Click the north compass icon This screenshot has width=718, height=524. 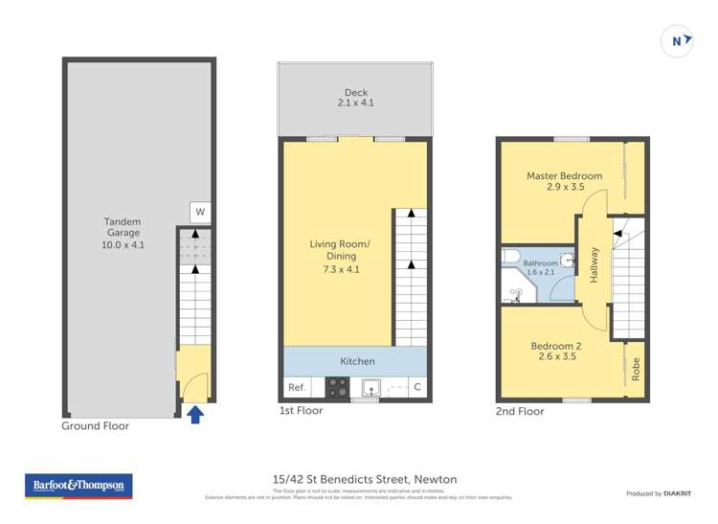(x=678, y=40)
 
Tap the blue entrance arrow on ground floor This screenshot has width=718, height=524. (x=194, y=414)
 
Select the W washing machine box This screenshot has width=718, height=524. (x=200, y=212)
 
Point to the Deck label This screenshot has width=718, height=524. (x=354, y=97)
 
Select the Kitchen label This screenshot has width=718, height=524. (x=357, y=361)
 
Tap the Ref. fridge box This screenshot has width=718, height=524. (x=297, y=387)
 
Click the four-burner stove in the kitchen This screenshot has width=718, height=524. (x=338, y=387)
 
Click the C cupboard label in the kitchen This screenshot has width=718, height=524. (x=417, y=387)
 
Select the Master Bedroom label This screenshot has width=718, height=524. (x=564, y=181)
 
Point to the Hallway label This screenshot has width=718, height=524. (x=595, y=264)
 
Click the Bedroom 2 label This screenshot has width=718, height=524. (x=556, y=351)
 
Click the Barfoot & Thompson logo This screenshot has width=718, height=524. (x=79, y=487)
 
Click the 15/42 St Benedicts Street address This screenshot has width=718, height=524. (x=359, y=479)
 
